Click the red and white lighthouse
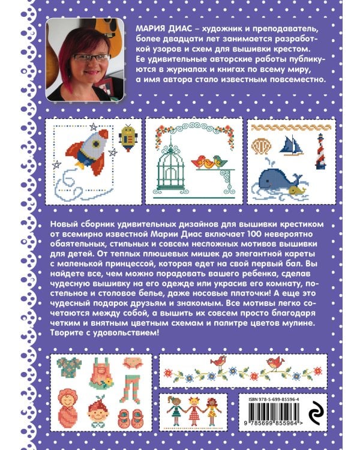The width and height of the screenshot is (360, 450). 320,152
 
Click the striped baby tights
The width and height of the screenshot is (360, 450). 130,389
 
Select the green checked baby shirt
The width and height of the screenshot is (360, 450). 69,367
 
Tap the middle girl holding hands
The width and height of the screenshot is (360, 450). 194,411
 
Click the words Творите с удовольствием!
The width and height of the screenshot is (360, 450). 104,333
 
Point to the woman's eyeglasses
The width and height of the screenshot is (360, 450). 91,58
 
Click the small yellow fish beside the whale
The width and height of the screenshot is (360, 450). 297,190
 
